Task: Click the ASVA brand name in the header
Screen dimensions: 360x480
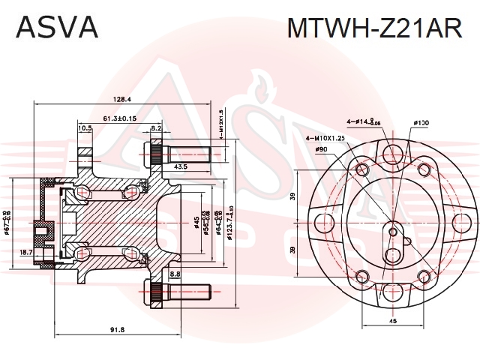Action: pos(58,27)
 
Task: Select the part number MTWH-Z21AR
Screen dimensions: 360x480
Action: pos(375,27)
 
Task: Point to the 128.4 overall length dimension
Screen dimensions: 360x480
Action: pos(121,99)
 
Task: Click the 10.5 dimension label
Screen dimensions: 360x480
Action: pos(85,128)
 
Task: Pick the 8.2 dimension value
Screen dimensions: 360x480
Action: pos(157,128)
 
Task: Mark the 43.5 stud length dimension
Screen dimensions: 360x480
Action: pos(180,166)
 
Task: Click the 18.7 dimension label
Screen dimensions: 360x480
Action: pos(26,253)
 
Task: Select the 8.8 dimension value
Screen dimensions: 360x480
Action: pos(175,274)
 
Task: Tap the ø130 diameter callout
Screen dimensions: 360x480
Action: pos(421,122)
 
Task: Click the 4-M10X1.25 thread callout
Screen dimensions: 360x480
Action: pos(326,138)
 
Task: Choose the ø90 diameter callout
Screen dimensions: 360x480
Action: pos(321,150)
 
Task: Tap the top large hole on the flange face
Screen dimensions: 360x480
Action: pos(391,155)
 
